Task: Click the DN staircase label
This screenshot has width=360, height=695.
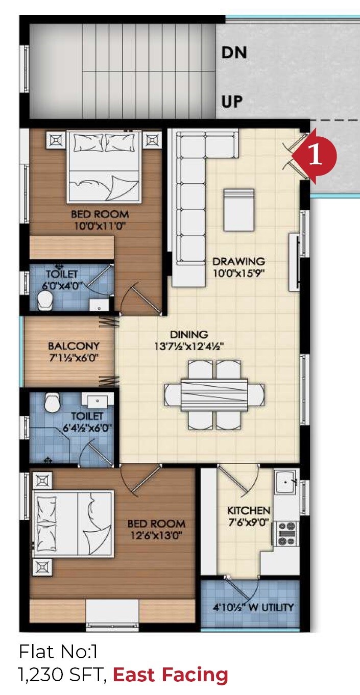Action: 234,53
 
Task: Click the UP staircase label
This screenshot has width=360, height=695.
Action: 232,102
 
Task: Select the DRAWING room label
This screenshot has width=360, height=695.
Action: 239,261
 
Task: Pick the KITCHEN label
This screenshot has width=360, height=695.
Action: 249,510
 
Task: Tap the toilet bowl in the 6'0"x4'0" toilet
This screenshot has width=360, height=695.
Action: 47,301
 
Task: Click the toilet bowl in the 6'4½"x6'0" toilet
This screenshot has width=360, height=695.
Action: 52,403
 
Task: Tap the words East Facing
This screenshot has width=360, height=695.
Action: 170,675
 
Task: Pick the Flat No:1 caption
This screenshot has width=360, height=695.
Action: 58,652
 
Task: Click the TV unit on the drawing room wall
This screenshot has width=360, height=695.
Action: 294,262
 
